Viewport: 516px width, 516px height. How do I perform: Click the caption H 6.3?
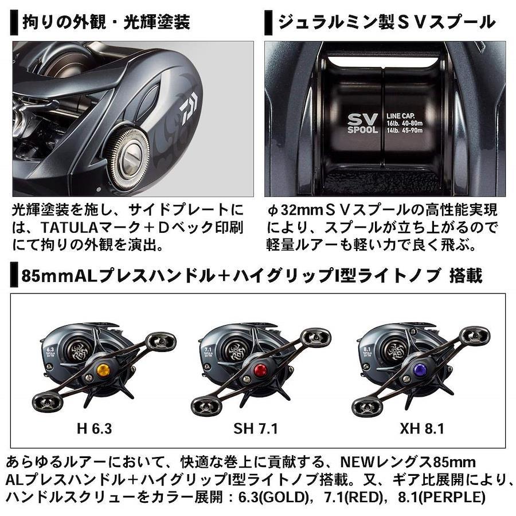coord(95,429)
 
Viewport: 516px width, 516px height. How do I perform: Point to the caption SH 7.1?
coord(255,429)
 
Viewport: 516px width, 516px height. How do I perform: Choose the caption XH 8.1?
coord(422,429)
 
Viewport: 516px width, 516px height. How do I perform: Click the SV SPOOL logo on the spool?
coord(363,123)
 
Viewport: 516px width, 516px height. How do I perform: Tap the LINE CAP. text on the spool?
coord(401,116)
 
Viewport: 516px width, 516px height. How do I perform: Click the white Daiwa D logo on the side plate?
coord(188,108)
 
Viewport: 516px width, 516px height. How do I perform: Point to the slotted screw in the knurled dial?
coord(131,158)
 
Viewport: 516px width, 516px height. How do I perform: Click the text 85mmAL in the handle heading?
coord(60,276)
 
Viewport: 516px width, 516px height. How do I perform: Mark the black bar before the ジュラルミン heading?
coord(268,22)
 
